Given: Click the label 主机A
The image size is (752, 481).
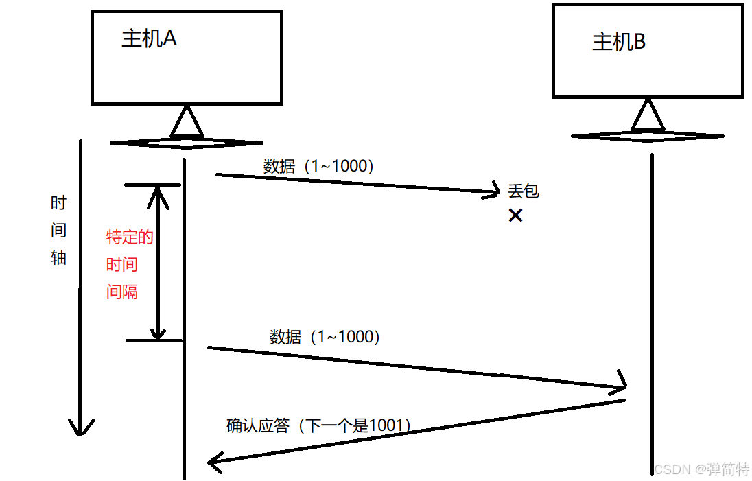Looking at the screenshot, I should coord(149,38).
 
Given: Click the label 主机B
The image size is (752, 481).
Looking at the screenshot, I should coord(619,43).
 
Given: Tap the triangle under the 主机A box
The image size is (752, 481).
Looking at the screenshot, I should coord(186,122).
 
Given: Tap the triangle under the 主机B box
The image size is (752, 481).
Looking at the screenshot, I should coord(648,115).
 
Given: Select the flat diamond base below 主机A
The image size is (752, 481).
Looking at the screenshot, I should coord(186,143).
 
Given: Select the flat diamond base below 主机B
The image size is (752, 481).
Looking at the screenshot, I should coord(647,136).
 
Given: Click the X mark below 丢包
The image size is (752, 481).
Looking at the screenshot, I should coord(515,215).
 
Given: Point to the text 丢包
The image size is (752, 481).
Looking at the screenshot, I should coord(524,191).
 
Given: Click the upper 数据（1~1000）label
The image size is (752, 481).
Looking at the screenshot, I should coord(318,166).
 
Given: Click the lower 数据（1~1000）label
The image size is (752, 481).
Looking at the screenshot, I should coord(325,337).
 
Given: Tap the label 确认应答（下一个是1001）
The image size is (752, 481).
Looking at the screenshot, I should coord(320,425).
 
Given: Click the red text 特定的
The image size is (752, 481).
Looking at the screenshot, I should coord(130,237).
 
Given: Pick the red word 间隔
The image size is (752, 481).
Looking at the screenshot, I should coord(122,292).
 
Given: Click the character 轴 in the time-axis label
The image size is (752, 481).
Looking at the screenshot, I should coord(59,257).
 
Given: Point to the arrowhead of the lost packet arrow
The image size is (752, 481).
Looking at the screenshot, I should coord(493,191).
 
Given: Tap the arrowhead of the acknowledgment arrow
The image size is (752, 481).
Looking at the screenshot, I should coord(215,461).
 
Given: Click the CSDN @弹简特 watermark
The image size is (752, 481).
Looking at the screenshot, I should coord(701,469).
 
